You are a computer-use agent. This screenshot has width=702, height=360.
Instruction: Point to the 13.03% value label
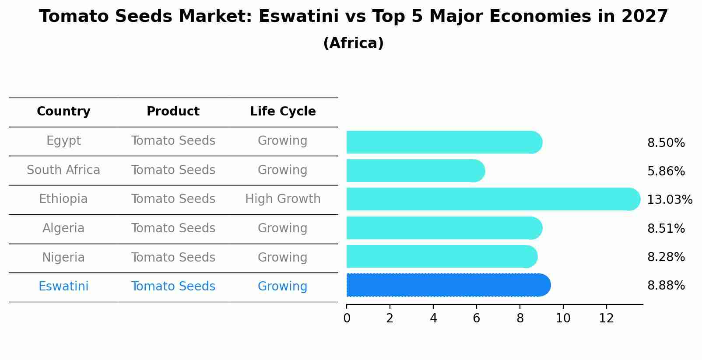pyautogui.click(x=669, y=200)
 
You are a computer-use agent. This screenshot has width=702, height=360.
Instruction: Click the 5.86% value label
pyautogui.click(x=666, y=171)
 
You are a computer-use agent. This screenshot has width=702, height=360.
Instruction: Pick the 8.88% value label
pyautogui.click(x=666, y=286)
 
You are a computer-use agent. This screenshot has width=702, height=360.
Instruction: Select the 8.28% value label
pyautogui.click(x=666, y=257)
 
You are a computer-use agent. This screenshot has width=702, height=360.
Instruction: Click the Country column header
pyautogui.click(x=63, y=112)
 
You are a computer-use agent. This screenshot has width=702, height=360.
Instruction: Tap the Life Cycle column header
pyautogui.click(x=283, y=112)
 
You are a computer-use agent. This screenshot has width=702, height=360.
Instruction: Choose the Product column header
pyautogui.click(x=173, y=112)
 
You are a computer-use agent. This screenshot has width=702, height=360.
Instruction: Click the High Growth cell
pyautogui.click(x=283, y=199)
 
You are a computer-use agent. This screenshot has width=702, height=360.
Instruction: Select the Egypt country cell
pyautogui.click(x=63, y=141)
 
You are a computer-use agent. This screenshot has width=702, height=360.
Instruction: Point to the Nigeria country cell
pyautogui.click(x=63, y=257)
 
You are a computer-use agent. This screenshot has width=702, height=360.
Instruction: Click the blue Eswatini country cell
pyautogui.click(x=63, y=287)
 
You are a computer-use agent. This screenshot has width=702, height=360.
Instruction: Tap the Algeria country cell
pyautogui.click(x=63, y=228)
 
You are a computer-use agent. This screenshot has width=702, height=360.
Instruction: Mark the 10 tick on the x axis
pyautogui.click(x=563, y=318)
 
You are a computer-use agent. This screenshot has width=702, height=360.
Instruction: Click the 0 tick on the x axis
pyautogui.click(x=347, y=318)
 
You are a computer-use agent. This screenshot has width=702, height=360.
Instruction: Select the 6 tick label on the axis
pyautogui.click(x=477, y=318)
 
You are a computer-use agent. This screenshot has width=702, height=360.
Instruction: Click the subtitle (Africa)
pyautogui.click(x=353, y=43)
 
